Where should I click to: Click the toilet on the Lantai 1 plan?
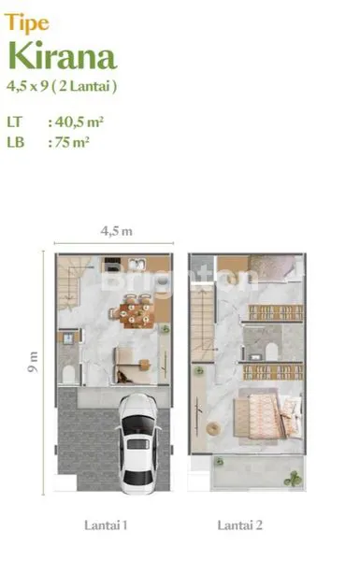(66, 374)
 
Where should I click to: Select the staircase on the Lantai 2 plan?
(203, 318)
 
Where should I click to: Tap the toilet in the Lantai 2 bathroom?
(271, 350)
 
